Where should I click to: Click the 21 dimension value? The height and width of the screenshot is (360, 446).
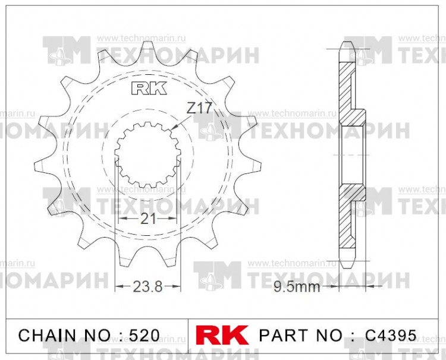pos(148,219)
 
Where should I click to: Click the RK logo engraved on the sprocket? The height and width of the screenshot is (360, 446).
pos(148,89)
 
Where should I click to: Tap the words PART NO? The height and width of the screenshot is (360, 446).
pos(303,335)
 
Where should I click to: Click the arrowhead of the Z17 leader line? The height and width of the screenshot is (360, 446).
pos(172,129)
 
